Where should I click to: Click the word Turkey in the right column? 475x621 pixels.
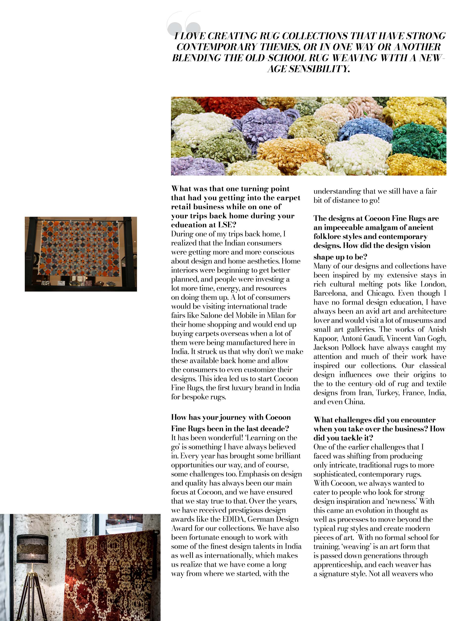pyautogui.click(x=387, y=393)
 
